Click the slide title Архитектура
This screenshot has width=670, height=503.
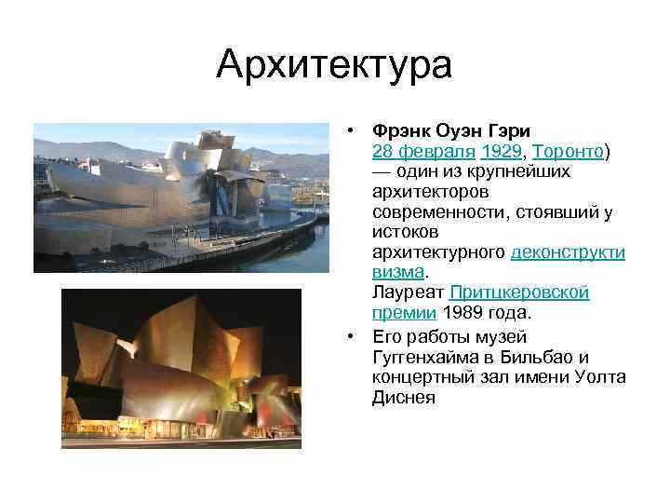coord(334,64)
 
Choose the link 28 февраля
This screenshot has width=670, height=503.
coord(422,151)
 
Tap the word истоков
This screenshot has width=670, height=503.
coord(404,233)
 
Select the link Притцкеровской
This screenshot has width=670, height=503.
coord(519,293)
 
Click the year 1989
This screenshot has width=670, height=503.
coord(463,314)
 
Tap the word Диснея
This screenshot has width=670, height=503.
coord(404,398)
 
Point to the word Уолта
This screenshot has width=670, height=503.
coord(601,377)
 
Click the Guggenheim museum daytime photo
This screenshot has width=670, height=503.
coord(181,197)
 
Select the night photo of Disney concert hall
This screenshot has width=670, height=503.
coord(181,369)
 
